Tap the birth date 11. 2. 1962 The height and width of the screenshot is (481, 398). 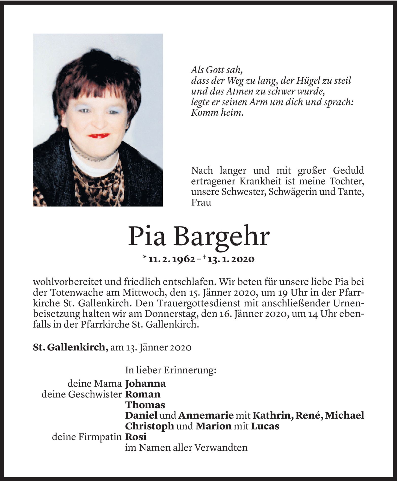172,259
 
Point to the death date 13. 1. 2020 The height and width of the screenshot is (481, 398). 231,259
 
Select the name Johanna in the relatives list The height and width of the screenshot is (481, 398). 145,383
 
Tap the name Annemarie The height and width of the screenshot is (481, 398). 206,415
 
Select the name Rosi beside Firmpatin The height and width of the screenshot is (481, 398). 136,437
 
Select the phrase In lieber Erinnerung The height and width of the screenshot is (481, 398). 171,370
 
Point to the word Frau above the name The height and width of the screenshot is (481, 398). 201,203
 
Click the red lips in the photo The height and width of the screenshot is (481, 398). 99,136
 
